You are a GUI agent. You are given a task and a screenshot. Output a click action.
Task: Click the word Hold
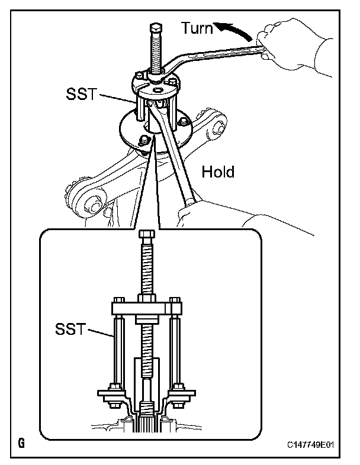click(x=218, y=172)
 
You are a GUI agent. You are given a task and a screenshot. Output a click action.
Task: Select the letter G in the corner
click(x=22, y=443)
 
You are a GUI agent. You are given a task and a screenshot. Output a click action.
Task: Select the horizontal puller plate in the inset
click(x=146, y=309)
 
